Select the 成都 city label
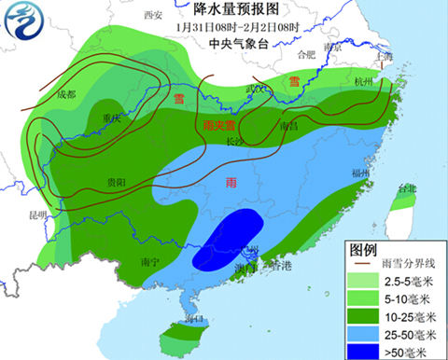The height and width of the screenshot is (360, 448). click(x=64, y=94)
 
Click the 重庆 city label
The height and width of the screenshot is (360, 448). click(x=113, y=118)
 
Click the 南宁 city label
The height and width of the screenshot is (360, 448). click(x=145, y=261)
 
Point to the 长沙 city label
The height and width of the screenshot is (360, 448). click(x=237, y=139)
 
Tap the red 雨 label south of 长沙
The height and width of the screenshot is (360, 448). click(x=232, y=185)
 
